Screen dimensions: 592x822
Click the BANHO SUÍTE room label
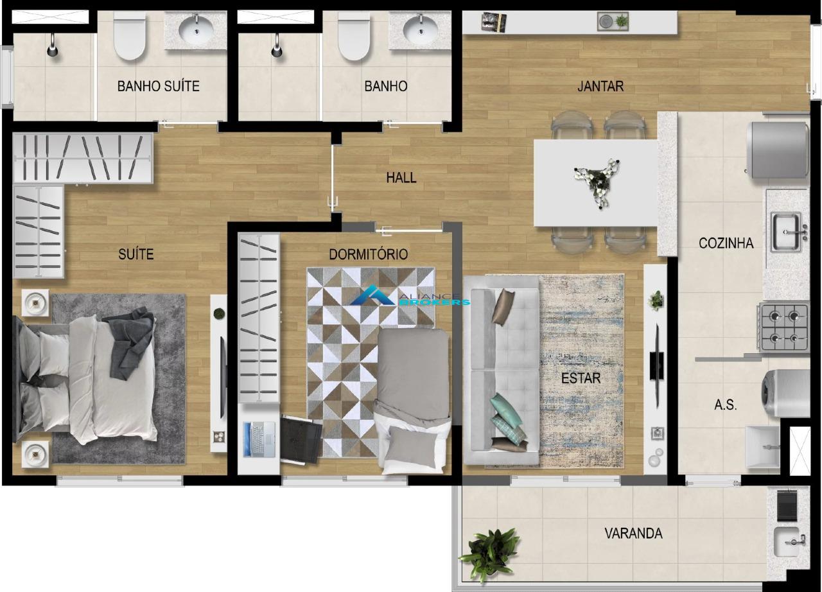[x=158, y=86]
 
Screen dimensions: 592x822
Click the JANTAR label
[x=600, y=86]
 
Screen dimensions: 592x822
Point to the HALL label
[x=401, y=178]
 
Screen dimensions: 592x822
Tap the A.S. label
[x=726, y=405]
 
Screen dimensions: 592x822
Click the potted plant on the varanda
[x=492, y=550]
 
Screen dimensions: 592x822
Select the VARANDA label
[x=633, y=533]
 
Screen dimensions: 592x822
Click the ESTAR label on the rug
[x=581, y=378]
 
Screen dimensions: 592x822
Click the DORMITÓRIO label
[x=368, y=254]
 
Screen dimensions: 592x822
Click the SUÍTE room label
[x=136, y=254]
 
